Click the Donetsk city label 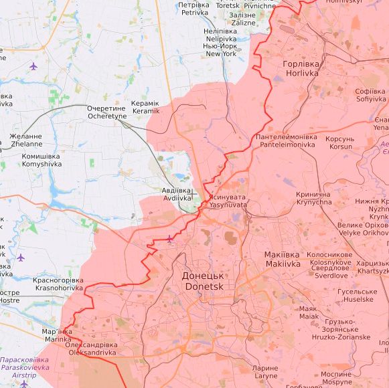click(x=204, y=281)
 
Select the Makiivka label click(x=282, y=260)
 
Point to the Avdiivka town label click(x=177, y=194)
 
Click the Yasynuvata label click(x=227, y=201)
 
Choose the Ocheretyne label click(x=107, y=112)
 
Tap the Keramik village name click(x=146, y=107)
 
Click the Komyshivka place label click(x=42, y=160)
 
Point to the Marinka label click(x=56, y=335)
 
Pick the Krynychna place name click(x=313, y=198)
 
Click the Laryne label click(x=265, y=372)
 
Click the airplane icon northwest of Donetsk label click(x=169, y=239)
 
